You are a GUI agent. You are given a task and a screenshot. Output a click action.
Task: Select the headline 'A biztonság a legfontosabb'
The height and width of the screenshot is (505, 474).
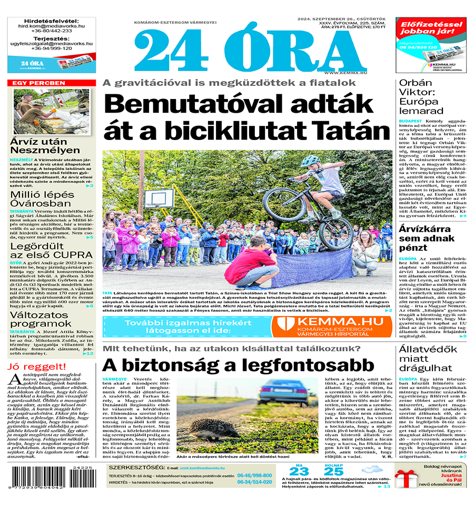[x=238, y=365]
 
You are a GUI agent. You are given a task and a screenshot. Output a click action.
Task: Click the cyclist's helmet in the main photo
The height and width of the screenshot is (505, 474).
[x=310, y=161]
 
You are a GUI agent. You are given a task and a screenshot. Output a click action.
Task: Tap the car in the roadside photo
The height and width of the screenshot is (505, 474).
[x=284, y=392]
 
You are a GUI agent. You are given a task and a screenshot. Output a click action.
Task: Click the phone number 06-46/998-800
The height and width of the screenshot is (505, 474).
[x=254, y=476]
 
